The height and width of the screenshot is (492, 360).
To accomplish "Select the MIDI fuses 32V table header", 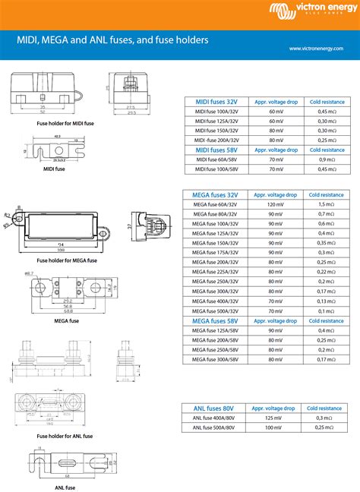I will pos(216,101).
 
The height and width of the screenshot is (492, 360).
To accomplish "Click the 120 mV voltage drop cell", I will pos(275,205).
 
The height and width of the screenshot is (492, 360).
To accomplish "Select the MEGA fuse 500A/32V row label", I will pos(216,311).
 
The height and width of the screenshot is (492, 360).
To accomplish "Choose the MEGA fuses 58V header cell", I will pos(216,320).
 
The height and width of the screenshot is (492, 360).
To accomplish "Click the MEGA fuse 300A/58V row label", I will pos(216,358).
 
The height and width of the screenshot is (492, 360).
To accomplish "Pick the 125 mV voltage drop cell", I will pos(275,418).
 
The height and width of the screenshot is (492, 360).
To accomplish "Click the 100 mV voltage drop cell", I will pos(275,427).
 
